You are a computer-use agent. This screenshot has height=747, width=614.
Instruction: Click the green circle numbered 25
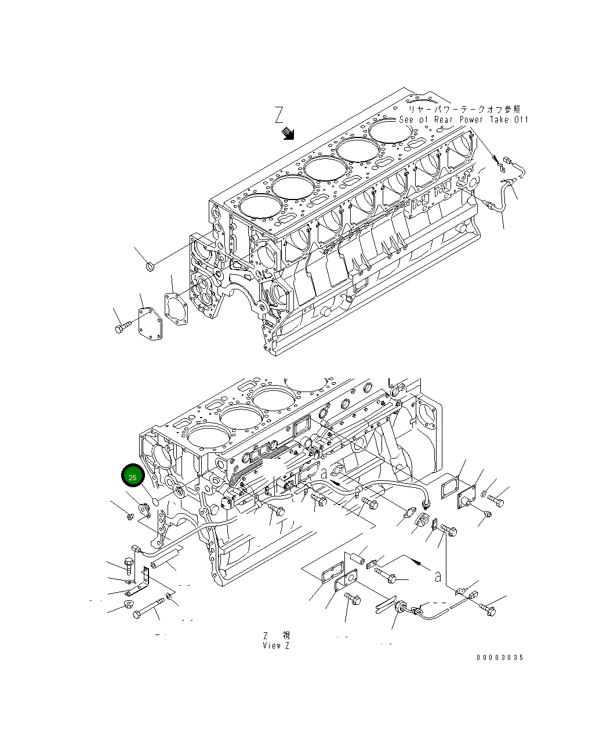(x=133, y=477)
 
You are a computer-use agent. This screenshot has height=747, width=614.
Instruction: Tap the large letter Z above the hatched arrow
(x=279, y=116)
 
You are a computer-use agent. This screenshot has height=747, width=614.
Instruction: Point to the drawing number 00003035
(x=500, y=657)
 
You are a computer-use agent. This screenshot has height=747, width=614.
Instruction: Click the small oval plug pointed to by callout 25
(x=155, y=501)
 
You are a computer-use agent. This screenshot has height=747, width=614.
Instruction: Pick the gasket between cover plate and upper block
(x=176, y=306)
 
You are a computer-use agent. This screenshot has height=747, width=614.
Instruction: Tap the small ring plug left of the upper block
(x=149, y=266)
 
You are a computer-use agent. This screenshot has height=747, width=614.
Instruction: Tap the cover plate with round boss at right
(x=466, y=501)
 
